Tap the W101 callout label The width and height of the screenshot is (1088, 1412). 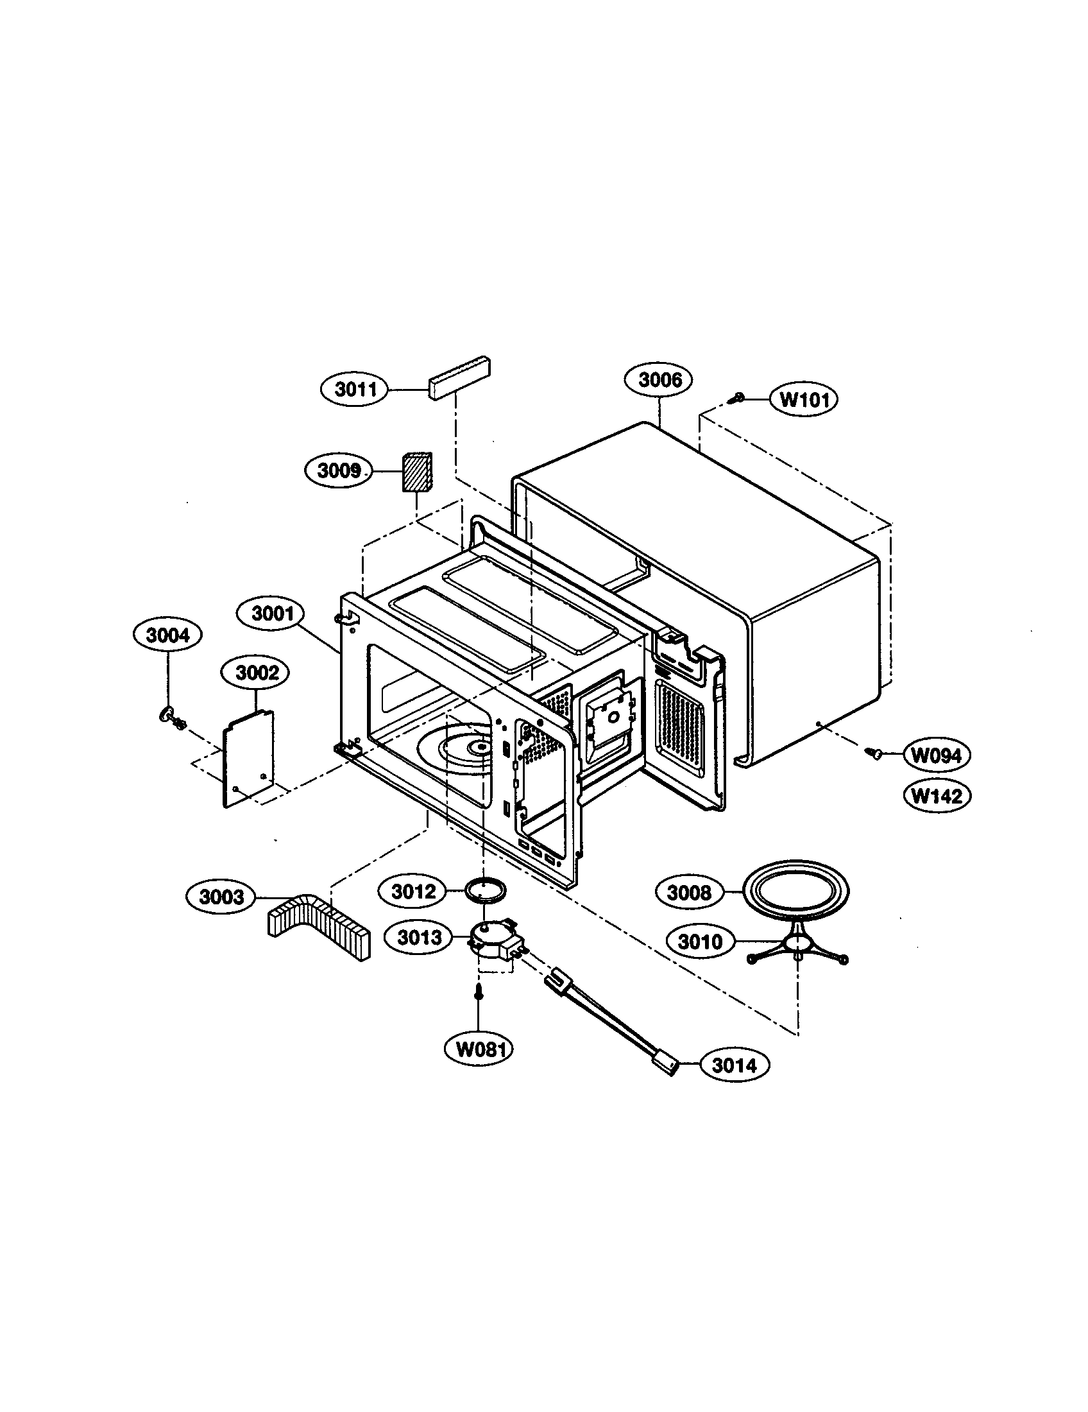803,400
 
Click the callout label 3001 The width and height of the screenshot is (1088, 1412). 273,613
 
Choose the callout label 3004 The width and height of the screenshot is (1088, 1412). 167,635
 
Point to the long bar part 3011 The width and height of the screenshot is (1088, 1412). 458,377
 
